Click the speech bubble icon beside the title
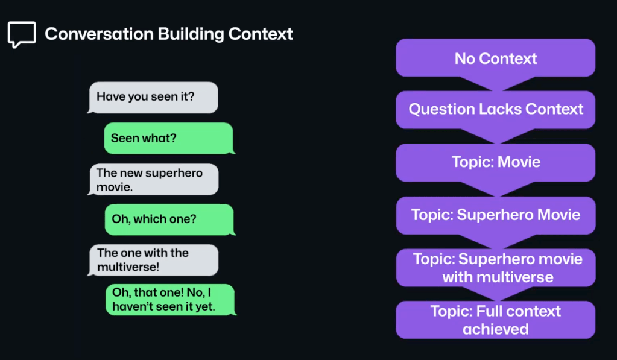22,34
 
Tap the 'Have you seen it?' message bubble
153,97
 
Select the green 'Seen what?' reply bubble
169,138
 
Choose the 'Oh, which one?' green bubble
169,219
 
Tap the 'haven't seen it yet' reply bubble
169,300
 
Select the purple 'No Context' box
495,58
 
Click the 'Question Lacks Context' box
495,109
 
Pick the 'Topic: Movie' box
495,162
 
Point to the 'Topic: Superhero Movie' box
495,215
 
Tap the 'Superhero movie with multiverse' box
495,268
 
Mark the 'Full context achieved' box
495,320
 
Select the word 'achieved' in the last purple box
495,329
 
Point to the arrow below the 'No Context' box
495,83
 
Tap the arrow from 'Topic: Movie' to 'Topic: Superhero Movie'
495,189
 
